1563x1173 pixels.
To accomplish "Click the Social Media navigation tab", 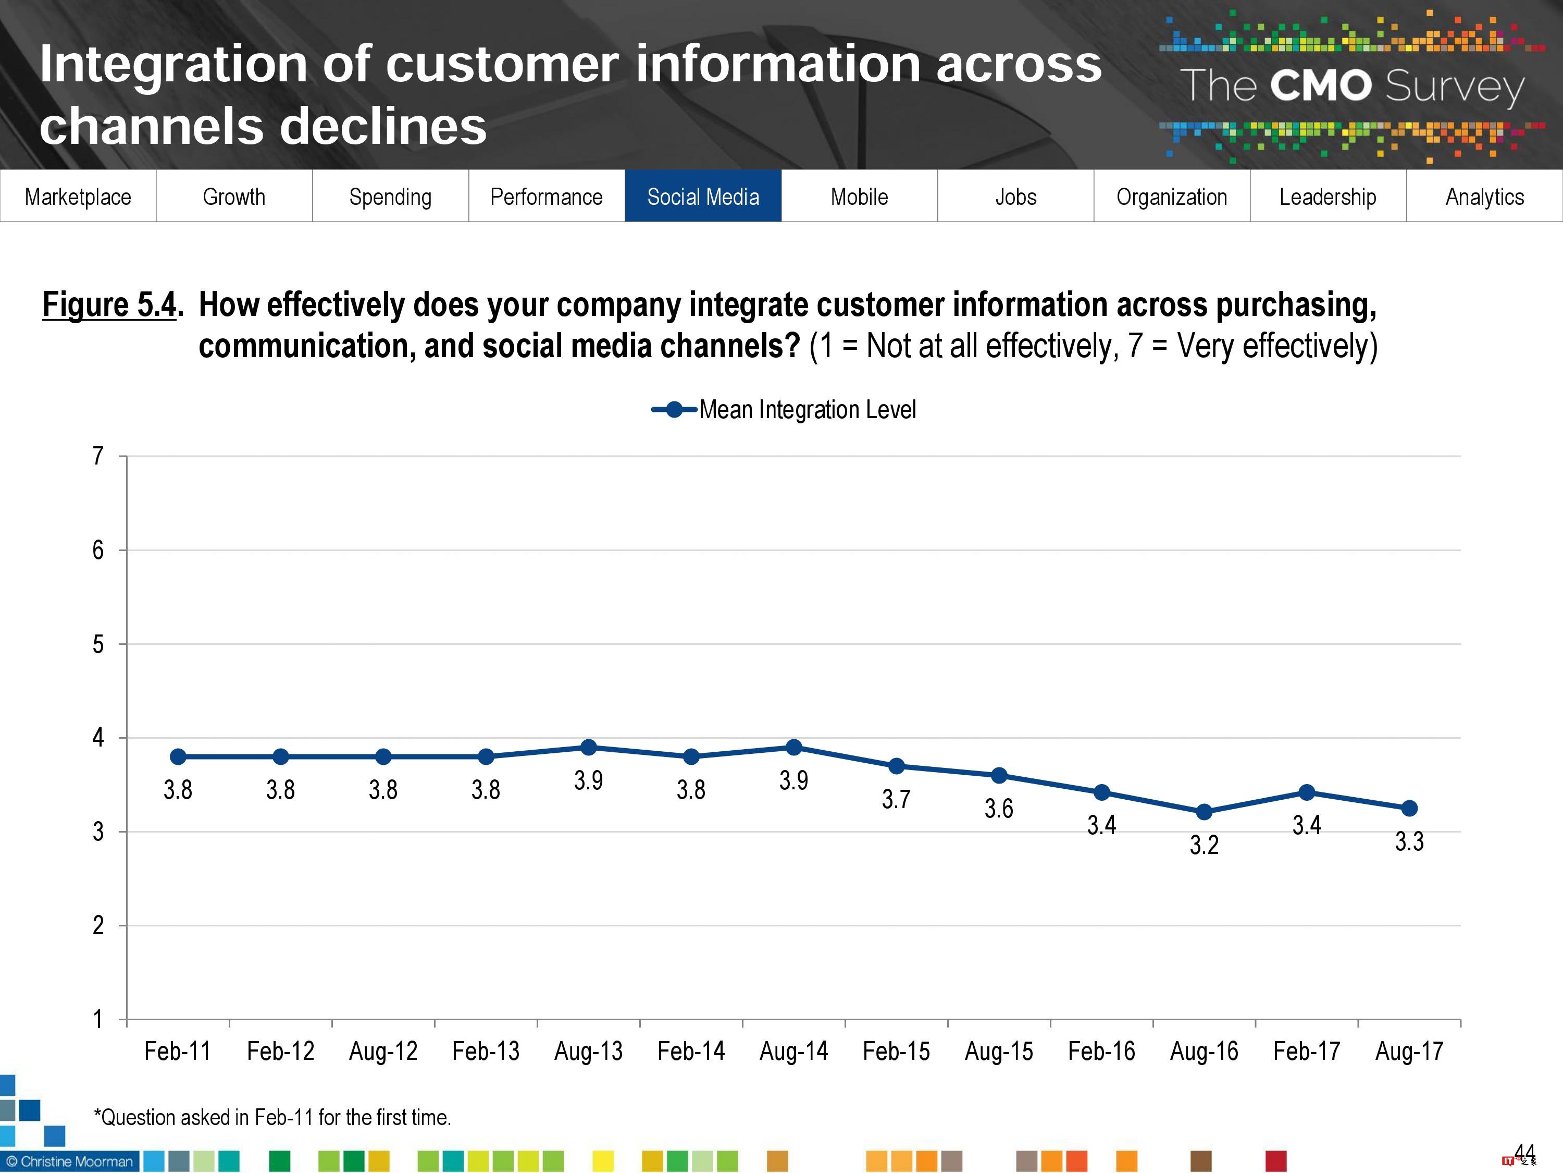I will coord(703,197).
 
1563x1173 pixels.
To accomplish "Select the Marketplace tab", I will coord(78,197).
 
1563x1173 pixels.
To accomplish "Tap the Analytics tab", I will coord(1484,197).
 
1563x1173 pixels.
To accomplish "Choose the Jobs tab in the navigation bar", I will coord(1015,197).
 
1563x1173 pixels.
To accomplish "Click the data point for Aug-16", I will coord(1204,812).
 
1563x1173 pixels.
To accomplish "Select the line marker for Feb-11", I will coord(178,756).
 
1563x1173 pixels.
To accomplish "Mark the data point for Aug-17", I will coord(1409,808).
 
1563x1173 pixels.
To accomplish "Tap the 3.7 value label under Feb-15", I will coord(896,799).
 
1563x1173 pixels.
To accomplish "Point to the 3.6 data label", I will coord(998,808).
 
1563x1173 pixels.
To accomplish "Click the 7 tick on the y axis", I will coord(98,456).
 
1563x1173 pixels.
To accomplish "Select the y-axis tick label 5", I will coord(98,644).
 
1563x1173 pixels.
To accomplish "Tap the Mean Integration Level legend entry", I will coord(784,409).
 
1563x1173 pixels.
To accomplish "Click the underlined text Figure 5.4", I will coord(109,305).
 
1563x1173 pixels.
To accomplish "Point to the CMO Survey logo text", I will coord(1351,86).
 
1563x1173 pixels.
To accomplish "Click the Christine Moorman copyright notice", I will coord(70,1162).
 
